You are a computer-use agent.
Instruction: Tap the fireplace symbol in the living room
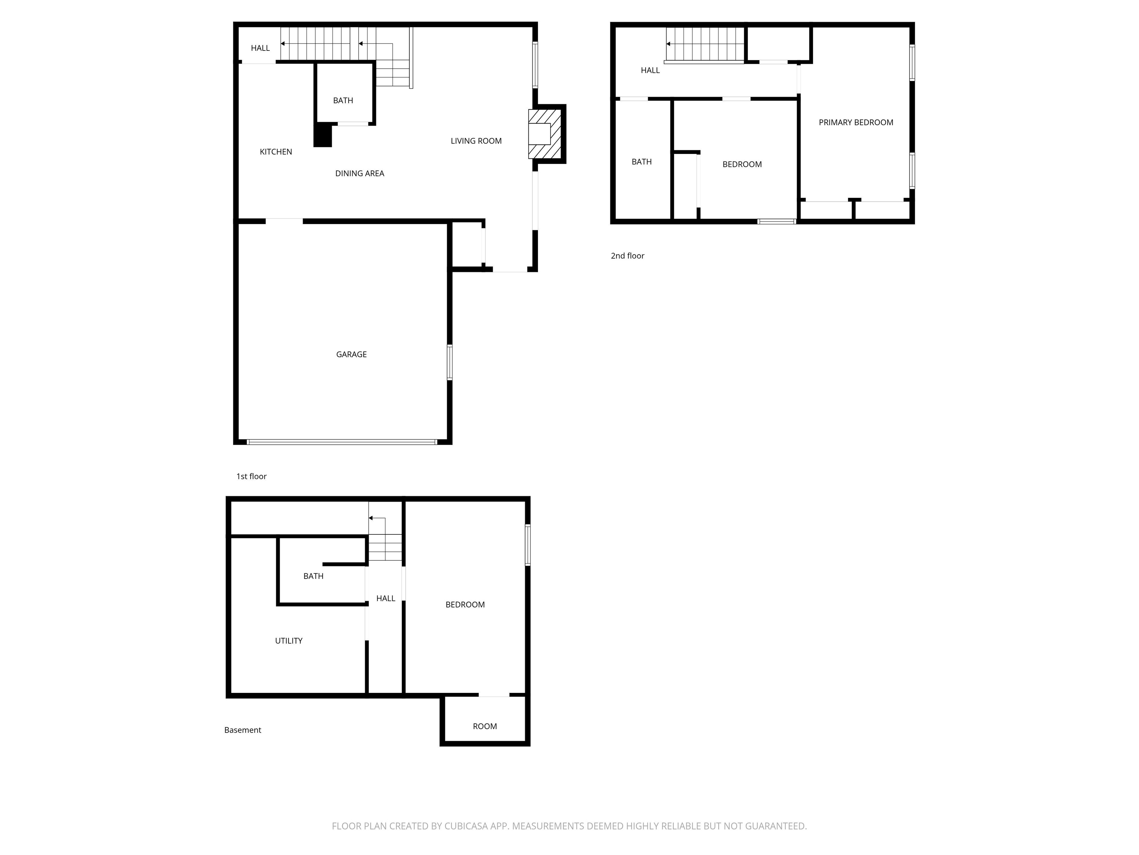coord(544,134)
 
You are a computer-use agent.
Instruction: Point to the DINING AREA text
coord(359,173)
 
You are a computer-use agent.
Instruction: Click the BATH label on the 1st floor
coord(343,101)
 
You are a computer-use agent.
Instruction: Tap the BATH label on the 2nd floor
coord(641,162)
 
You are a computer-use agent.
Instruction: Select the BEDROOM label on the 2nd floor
coord(742,164)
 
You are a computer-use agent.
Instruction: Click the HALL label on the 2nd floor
coord(650,70)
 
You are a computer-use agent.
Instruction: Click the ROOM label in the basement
coord(485,726)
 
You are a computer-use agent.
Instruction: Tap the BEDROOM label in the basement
coord(465,605)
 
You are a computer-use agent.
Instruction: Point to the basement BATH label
coord(313,576)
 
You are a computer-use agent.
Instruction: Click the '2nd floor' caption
coord(627,256)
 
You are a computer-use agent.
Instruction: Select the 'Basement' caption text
coord(242,730)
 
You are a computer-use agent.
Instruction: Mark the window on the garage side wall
coord(449,362)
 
